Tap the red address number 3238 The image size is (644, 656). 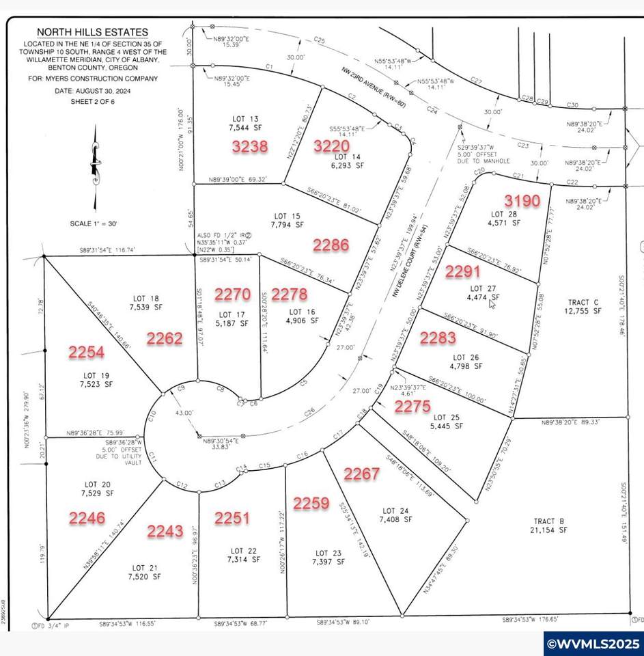click(x=249, y=146)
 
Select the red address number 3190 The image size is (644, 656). click(x=522, y=200)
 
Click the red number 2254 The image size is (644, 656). click(x=86, y=352)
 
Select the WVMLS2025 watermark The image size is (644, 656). click(x=593, y=643)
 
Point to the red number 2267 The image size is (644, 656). click(x=362, y=474)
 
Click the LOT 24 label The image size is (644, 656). click(x=395, y=510)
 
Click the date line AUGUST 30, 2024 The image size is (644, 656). click(x=94, y=91)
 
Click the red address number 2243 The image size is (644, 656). click(x=165, y=530)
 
